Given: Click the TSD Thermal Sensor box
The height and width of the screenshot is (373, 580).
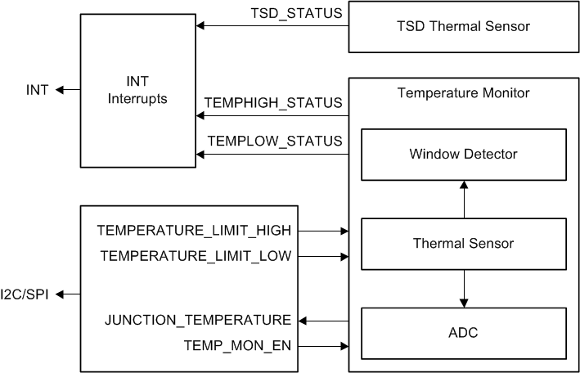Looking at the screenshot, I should click(463, 26).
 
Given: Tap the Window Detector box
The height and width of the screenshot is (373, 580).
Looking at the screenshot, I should click(463, 153).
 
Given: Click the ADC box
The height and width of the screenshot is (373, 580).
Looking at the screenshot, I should click(463, 333).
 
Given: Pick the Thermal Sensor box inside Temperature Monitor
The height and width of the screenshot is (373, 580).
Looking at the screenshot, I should click(463, 243).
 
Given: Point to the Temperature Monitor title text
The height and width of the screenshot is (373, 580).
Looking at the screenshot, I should click(463, 92).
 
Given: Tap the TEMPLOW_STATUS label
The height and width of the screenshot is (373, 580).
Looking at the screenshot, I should click(275, 141).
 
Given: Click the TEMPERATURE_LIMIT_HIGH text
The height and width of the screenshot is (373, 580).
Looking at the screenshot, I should click(194, 230).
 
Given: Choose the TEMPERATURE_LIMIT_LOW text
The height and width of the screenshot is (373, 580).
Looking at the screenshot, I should click(196, 256).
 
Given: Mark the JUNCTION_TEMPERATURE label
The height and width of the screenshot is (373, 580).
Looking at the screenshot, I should click(198, 320).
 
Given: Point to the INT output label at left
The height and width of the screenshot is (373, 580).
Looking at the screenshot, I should click(38, 90).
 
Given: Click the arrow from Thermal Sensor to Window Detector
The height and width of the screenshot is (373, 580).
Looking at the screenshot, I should click(464, 199).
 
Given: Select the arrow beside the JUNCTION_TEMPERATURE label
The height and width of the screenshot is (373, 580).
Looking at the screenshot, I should click(321, 320).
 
